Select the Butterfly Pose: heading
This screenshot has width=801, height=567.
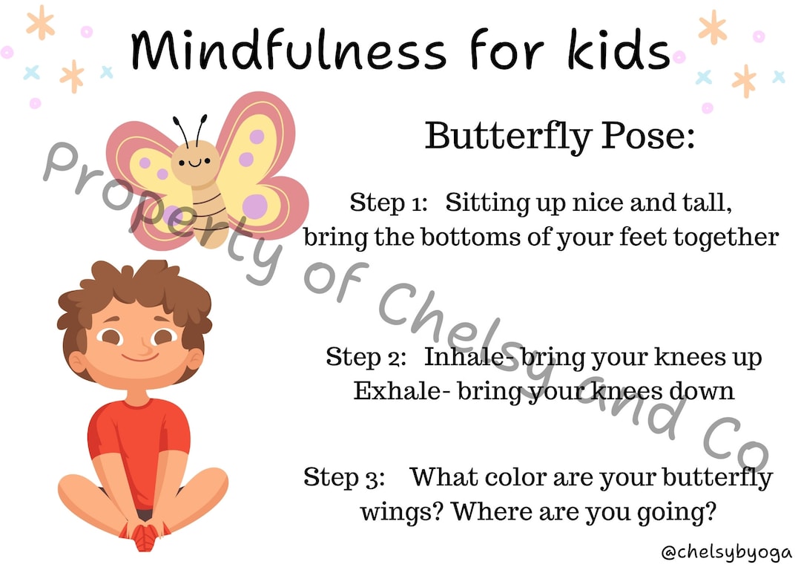coord(560,136)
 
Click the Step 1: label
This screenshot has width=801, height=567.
coord(389,202)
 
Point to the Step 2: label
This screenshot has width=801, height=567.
coord(366,357)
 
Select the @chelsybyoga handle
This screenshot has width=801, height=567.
coord(726,552)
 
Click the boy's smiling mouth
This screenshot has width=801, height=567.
coord(139,356)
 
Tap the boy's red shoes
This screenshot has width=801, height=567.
coord(145,533)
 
